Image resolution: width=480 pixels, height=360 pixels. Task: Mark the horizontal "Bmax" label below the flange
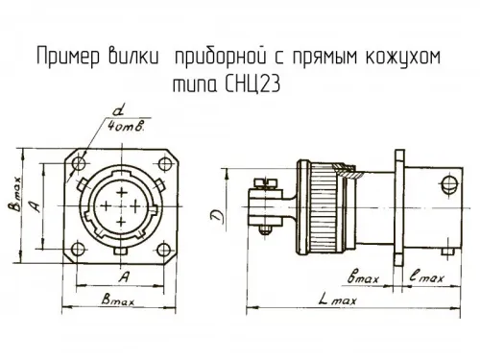(120, 301)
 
